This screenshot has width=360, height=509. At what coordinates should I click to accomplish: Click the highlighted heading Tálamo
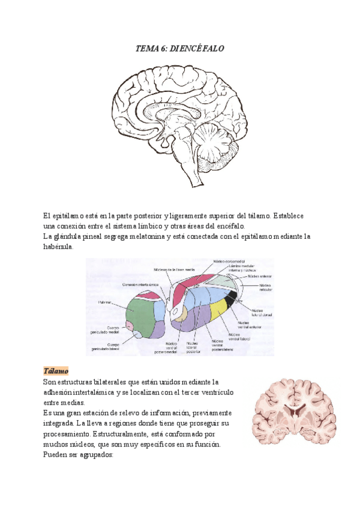point(56,370)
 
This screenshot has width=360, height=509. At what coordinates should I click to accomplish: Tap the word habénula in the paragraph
point(58,247)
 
